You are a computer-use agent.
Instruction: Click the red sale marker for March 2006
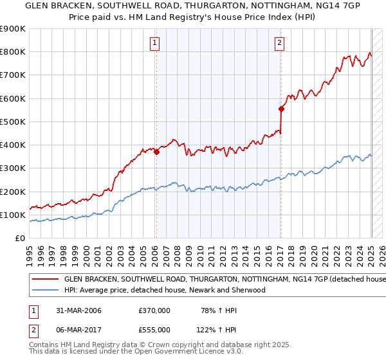[156, 152]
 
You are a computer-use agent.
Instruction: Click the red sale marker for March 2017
[281, 109]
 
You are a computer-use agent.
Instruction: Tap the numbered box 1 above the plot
[156, 44]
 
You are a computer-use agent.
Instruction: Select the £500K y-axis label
[13, 122]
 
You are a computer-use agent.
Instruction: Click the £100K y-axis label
[13, 215]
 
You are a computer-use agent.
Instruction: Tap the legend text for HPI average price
[164, 290]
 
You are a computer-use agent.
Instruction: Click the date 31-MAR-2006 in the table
[78, 310]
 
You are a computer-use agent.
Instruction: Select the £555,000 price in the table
[154, 329]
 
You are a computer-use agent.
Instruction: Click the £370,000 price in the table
[154, 310]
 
